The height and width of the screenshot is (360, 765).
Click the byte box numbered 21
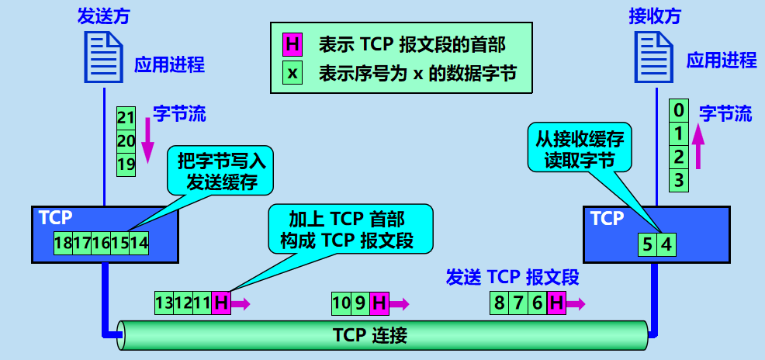click(x=126, y=118)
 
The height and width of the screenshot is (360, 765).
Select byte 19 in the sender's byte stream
click(x=126, y=164)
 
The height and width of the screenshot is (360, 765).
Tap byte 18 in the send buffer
click(x=64, y=243)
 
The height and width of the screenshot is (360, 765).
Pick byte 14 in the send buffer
click(x=139, y=243)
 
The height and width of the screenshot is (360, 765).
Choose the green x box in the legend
click(x=292, y=74)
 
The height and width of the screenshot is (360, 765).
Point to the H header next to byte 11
click(x=221, y=303)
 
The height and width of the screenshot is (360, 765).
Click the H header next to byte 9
click(x=379, y=303)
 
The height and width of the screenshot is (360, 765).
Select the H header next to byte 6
click(x=555, y=303)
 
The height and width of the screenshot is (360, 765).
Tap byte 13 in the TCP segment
click(x=164, y=303)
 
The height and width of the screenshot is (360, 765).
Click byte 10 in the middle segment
click(x=341, y=303)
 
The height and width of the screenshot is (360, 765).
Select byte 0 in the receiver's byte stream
click(x=679, y=109)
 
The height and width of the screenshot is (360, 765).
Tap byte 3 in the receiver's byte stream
click(x=679, y=181)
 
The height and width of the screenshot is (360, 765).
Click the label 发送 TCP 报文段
click(x=512, y=277)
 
